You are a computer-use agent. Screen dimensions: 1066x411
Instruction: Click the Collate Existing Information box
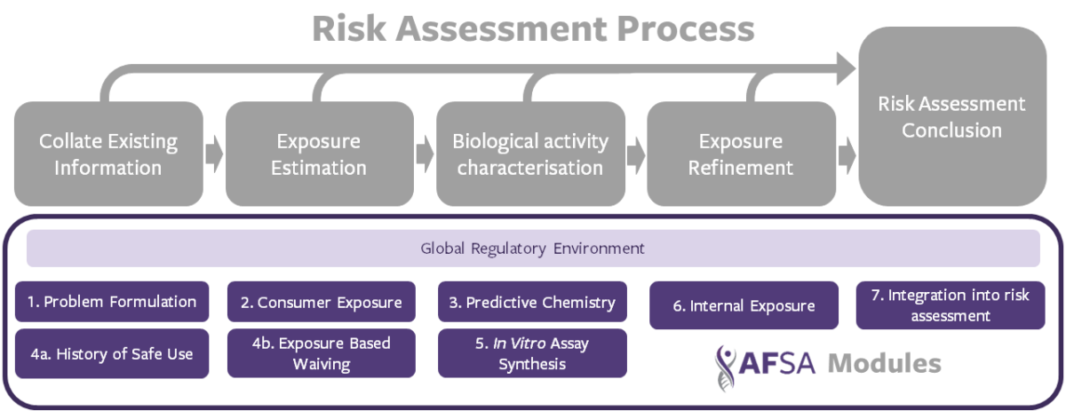point(108,154)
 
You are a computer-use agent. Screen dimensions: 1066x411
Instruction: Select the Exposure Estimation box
point(319,154)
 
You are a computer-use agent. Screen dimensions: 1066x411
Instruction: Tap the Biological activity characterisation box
point(530,154)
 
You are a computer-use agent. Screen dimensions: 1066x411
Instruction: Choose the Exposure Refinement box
point(742,154)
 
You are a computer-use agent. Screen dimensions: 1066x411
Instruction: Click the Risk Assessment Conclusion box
point(952,116)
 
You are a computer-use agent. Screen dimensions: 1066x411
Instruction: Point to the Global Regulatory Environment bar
point(533,249)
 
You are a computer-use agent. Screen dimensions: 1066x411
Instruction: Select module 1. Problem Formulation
point(112,302)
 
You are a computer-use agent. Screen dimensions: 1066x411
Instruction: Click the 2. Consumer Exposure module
point(322,302)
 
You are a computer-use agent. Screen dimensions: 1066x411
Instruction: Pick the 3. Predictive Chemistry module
point(532,302)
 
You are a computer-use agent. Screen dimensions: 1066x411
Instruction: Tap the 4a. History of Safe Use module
point(112,353)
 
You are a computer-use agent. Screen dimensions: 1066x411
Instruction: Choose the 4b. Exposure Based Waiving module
point(322,353)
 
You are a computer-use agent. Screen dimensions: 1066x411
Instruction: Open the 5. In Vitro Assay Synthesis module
point(532,353)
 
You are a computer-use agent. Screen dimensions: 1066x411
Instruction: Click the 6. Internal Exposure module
point(744,305)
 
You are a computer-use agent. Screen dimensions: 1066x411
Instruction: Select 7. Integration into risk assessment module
point(951,305)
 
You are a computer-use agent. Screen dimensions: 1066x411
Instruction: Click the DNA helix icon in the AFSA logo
point(726,368)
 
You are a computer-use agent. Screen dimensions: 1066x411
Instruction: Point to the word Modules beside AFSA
point(885,363)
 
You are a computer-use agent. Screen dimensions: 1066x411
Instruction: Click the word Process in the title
point(686,29)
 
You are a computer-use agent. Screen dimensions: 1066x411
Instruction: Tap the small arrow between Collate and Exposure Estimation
point(214,154)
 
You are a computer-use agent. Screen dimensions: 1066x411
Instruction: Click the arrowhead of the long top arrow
point(846,69)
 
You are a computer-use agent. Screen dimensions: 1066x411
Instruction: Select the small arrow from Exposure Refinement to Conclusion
point(847,155)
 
